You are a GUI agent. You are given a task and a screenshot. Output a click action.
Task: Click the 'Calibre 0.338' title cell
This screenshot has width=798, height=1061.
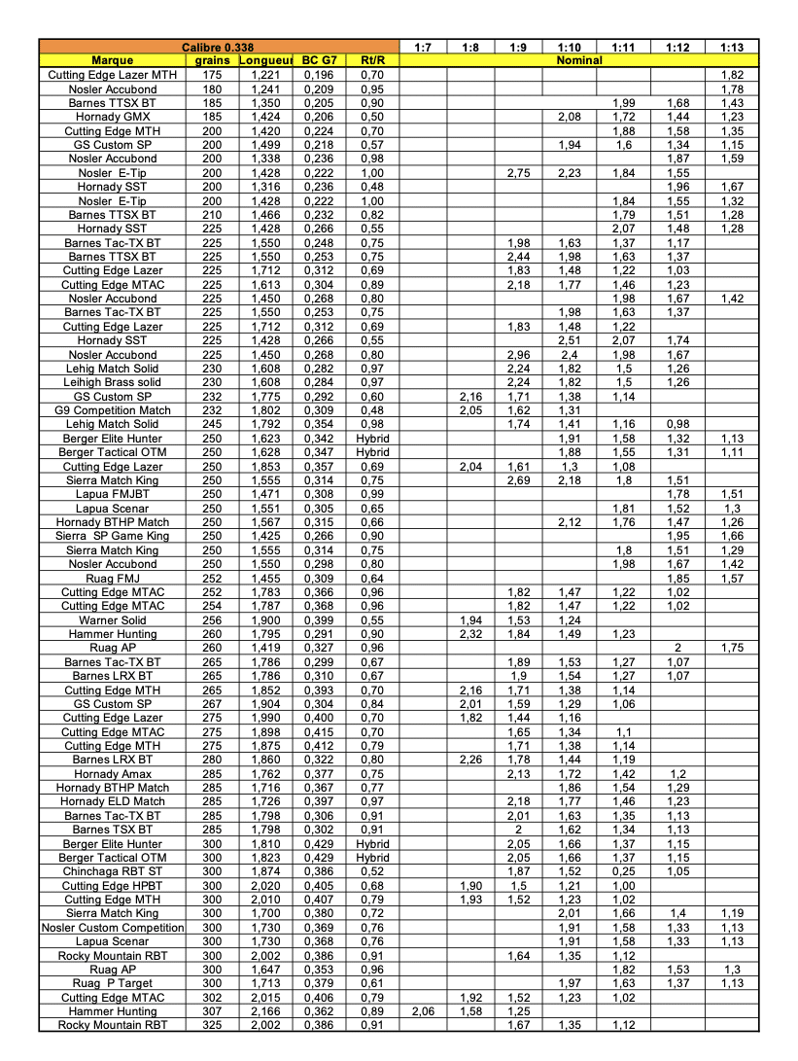coord(219,47)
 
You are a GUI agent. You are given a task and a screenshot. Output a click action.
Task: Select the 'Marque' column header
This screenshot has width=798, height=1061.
coord(112,60)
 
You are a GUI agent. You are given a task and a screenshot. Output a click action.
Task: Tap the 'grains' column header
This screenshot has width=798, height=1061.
coord(213,60)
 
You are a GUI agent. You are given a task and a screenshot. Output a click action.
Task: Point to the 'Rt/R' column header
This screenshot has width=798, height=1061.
coord(372,60)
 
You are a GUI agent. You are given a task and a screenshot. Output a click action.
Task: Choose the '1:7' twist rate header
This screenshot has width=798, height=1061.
coord(423,47)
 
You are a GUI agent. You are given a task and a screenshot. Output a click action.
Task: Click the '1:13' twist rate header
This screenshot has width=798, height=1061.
coord(732,47)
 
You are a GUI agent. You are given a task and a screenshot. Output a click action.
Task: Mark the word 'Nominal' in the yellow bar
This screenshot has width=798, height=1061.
coord(578,60)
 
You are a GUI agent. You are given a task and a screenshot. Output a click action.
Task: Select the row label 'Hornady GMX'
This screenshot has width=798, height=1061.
coord(112,117)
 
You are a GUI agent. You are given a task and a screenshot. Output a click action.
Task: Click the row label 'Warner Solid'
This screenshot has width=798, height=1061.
coord(112,620)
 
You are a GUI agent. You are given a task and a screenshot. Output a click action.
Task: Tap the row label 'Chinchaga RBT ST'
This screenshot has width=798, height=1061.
coord(112,871)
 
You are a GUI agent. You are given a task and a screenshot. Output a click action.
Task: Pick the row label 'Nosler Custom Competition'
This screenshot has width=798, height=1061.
coord(112,928)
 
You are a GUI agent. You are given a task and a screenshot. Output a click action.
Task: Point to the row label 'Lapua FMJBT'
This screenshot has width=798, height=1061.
coord(112,494)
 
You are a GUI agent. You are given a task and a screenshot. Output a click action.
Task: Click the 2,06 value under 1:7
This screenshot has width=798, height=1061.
coord(423,1011)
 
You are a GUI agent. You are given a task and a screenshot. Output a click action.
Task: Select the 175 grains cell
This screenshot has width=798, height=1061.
coord(213,75)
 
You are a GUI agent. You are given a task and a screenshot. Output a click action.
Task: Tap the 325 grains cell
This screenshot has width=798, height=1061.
coord(213,1025)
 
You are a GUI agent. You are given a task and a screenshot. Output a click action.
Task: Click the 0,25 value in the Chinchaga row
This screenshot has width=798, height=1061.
coord(624,871)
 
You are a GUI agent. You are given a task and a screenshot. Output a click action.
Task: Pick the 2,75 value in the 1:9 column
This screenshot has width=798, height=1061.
coord(517,173)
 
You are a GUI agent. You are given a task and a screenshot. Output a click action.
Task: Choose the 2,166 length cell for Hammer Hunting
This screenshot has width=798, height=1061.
coord(265,1011)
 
